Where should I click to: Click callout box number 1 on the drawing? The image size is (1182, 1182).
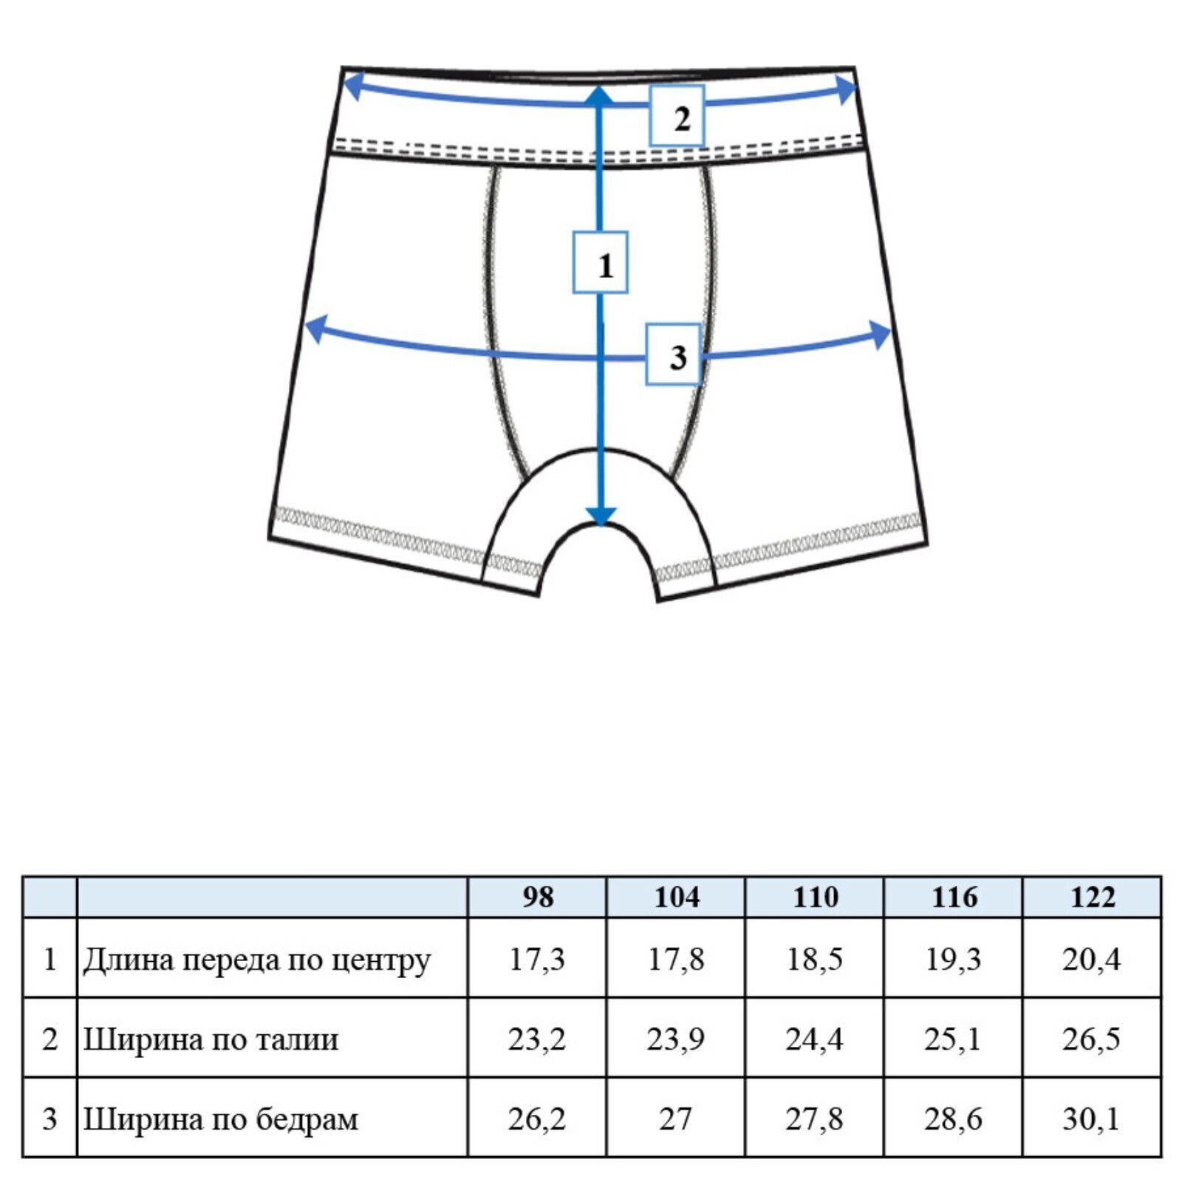coord(601,262)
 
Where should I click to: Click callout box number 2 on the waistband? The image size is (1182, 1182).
coord(677,115)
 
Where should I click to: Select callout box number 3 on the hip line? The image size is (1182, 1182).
coord(673,355)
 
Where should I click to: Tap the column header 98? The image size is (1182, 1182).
coord(538,897)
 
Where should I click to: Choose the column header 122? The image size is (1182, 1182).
coord(1093,897)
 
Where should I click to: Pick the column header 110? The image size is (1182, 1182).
coord(815,897)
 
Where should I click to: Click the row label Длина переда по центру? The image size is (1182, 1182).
coord(256,960)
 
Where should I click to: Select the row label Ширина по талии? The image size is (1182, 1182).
coord(211,1039)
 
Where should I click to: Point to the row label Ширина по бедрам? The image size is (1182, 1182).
coord(220,1119)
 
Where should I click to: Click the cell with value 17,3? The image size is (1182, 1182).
coord(537,960)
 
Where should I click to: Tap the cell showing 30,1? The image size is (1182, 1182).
coord(1091,1119)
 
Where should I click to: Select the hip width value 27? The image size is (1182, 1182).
coord(675,1119)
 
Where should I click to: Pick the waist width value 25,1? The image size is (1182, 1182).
coord(952,1039)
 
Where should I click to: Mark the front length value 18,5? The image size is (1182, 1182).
coord(814,960)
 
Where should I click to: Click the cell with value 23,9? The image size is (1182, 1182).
coord(675,1039)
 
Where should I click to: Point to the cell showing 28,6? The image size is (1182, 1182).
coord(953,1119)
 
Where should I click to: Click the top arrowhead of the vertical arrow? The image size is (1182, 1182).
coord(600,94)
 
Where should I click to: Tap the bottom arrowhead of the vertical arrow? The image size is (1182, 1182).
coord(601,516)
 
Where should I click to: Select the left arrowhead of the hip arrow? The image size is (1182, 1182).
coord(315,329)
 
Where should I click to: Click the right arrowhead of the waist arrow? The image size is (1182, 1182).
coord(846,89)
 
